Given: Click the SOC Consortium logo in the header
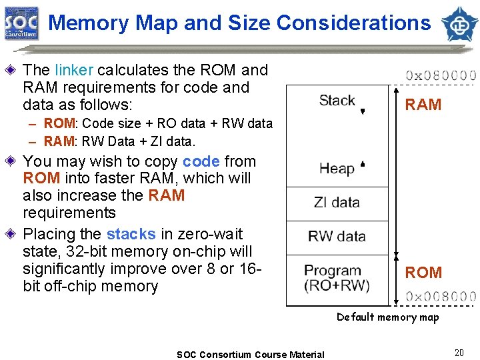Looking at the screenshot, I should pos(22,23).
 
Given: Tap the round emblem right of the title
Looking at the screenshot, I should pos(459,23).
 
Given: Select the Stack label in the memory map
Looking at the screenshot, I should pos(337,101).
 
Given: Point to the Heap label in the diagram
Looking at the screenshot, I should pos(337,168).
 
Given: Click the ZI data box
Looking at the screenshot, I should pos(337,203).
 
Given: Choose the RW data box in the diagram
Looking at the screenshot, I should pos(337,237).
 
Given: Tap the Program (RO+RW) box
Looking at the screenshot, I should pos(337,278).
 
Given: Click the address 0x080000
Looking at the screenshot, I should pos(441,75).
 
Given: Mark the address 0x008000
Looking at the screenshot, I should pos(441,297).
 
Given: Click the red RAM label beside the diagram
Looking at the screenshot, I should pos(423,105).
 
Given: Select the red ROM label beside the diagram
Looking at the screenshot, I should pos(423,273).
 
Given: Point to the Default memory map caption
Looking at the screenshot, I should pos(387,317).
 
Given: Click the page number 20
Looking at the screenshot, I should pos(459,353).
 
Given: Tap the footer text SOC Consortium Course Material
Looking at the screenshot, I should pos(251,355).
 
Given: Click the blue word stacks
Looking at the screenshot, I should pos(131,235).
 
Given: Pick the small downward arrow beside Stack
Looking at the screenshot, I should pos(363,111).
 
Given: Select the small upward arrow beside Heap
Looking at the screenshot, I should pos(363,163).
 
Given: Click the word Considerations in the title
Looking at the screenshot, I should pos(353,23).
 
